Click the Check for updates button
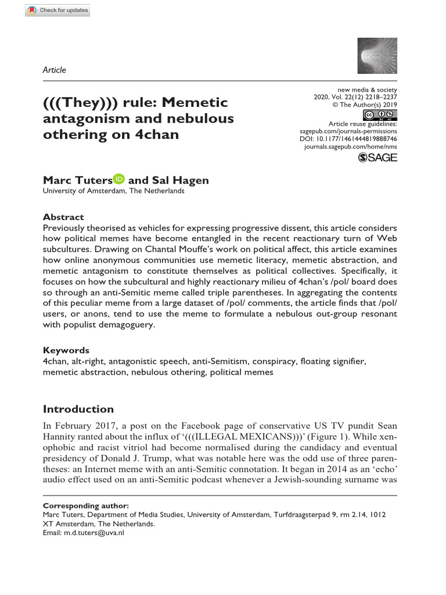(58, 10)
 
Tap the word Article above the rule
(55, 70)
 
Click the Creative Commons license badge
(380, 114)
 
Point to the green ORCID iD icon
(119, 180)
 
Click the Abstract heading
(63, 217)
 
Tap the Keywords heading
(66, 350)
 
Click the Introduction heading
(78, 409)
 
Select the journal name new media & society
(367, 90)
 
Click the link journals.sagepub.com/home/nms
(351, 148)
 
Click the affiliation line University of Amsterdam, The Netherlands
(114, 191)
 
